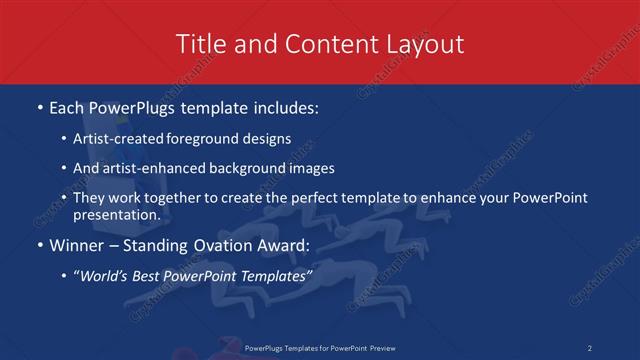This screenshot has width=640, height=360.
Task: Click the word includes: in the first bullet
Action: pyautogui.click(x=284, y=106)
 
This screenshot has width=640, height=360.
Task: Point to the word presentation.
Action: pyautogui.click(x=114, y=214)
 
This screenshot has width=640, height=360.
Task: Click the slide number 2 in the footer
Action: pyautogui.click(x=590, y=348)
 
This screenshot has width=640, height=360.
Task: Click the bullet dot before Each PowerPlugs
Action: pyautogui.click(x=39, y=106)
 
